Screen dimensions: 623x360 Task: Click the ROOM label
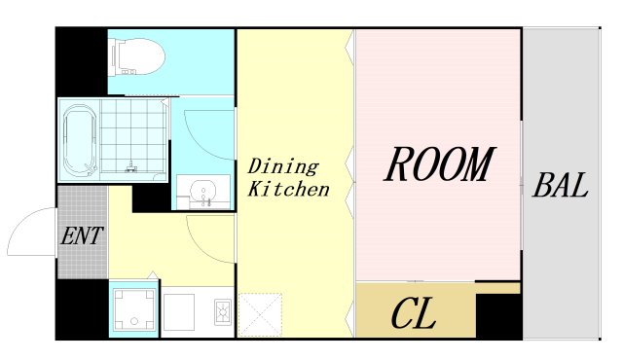coord(439,163)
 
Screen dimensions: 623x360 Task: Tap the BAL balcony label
coord(561,186)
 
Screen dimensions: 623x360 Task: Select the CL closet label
coord(413,313)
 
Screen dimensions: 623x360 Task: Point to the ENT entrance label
coord(82,235)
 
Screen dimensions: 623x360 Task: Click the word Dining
coord(283,166)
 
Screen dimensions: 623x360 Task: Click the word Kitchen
coord(289,189)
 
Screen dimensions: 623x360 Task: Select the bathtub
coord(80,139)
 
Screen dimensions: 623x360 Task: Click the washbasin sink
coord(203,192)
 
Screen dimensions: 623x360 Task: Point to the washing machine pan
coord(134,309)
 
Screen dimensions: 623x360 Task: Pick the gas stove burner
coord(224,312)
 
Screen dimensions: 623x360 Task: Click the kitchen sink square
coord(179,312)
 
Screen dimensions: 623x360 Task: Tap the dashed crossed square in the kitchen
coord(260,315)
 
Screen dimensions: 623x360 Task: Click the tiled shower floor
coord(133,136)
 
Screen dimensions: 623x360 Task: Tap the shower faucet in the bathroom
coord(131,166)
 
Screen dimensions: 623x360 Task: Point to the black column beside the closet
coord(498,316)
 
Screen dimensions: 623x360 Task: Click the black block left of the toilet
coord(82,61)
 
